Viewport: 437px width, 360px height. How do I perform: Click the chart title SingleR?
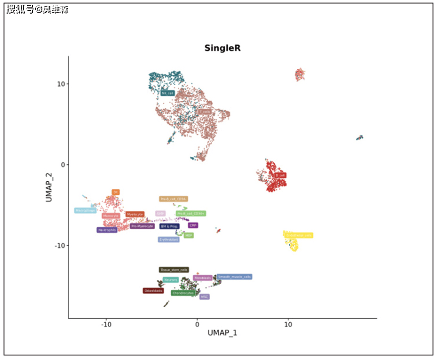222,48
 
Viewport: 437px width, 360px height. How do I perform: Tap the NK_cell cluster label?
168,93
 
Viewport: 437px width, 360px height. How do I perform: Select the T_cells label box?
205,112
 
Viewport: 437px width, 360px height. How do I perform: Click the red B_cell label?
280,175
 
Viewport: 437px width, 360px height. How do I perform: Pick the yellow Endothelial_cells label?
298,235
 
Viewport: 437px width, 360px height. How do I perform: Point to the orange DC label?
115,192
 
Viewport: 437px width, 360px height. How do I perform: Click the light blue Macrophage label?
85,210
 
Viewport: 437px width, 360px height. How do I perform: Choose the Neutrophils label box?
107,230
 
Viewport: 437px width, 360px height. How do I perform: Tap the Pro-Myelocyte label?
142,227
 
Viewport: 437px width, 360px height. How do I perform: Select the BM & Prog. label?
169,227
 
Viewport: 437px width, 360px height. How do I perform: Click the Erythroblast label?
168,240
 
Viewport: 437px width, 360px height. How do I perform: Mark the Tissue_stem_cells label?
174,270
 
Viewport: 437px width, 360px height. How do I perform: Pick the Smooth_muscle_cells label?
234,277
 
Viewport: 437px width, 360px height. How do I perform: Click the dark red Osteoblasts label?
153,291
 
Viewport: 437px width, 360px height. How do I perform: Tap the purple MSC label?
204,297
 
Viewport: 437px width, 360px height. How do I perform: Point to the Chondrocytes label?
182,293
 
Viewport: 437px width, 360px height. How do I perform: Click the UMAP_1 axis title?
222,333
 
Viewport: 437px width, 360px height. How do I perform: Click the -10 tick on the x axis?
106,324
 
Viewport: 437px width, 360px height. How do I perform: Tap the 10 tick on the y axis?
59,84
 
